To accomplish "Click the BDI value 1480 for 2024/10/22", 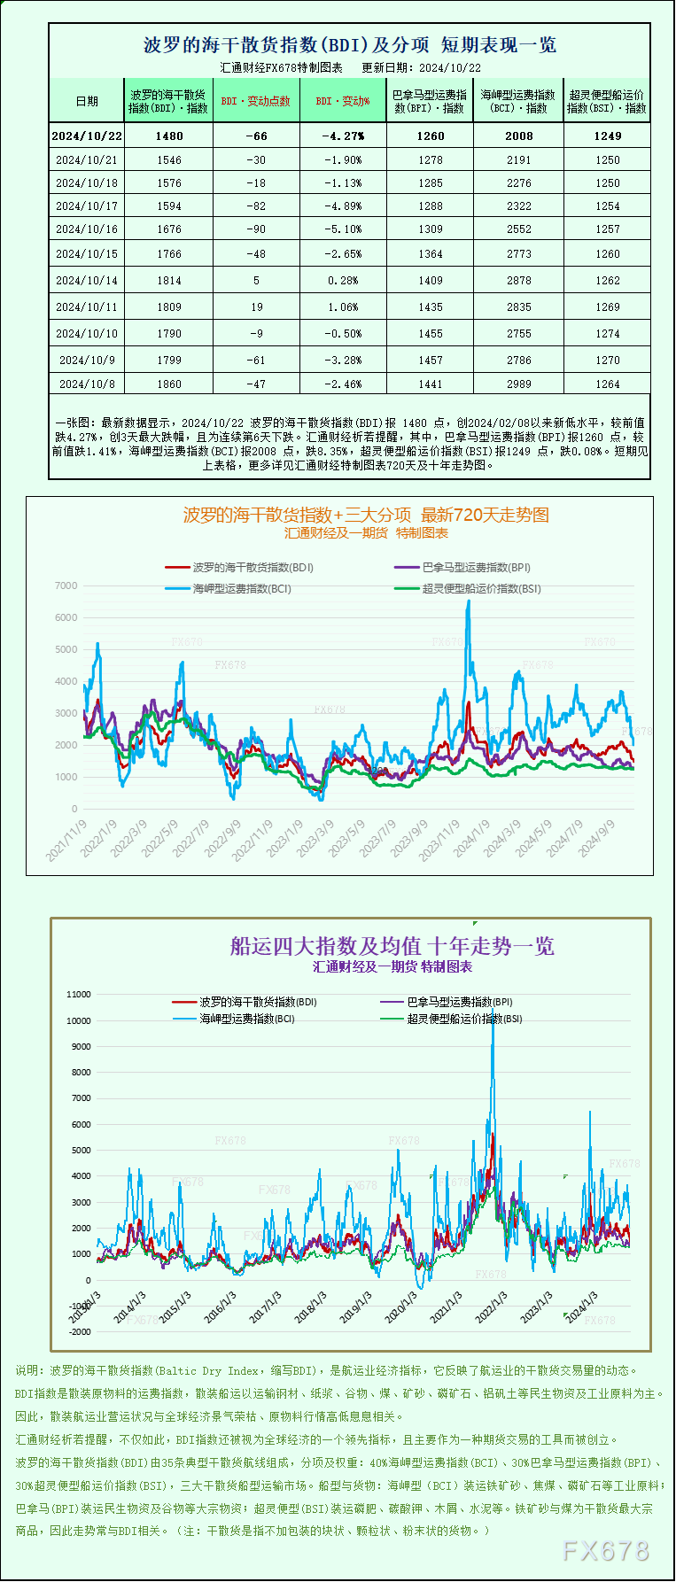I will point(168,136).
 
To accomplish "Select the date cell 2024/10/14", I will point(87,281).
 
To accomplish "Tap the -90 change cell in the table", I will point(256,229).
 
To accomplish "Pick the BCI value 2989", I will point(518,384).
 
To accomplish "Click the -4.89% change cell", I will point(343,206).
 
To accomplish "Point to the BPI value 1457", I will point(431,361).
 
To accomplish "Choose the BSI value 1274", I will point(608,334).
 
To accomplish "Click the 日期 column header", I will point(87,101).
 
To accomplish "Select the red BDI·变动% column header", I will point(343,101).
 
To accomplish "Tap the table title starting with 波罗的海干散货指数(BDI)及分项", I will point(349,45).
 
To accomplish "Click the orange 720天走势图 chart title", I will point(366,515).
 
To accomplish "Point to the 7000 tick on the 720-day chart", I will point(66,586).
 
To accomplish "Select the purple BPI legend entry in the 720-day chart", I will point(476,568).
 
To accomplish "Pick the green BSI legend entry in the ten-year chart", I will point(464,1019).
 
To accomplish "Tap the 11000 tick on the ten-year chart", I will point(79,995).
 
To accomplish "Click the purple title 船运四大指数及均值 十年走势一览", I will point(392,947).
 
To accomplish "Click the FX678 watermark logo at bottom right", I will point(606,1551).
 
